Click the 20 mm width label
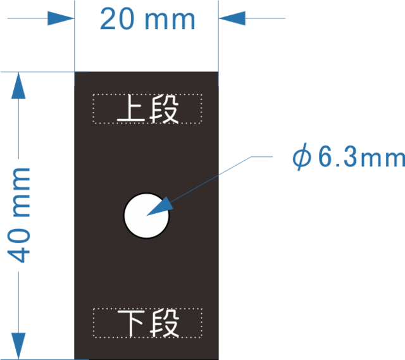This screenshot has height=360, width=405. (147, 20)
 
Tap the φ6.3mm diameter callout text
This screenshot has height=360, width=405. (347, 158)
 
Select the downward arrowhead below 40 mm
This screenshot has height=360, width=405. (20, 346)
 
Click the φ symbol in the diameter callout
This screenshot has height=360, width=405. (301, 158)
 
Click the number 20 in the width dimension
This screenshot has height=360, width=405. (116, 20)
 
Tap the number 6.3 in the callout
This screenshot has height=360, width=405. (330, 158)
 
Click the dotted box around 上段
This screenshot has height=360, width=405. (147, 96)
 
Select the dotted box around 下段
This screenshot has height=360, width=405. (147, 309)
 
